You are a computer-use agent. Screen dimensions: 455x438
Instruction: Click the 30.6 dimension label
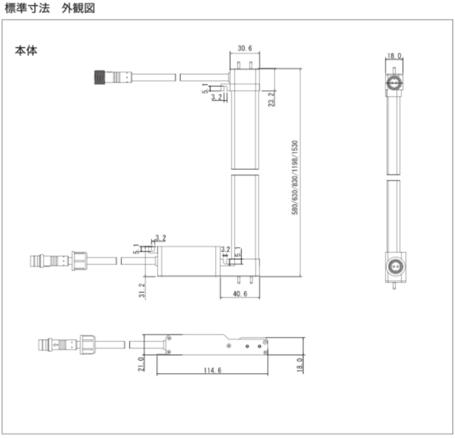click(x=245, y=48)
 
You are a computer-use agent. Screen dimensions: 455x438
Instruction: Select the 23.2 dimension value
click(x=271, y=100)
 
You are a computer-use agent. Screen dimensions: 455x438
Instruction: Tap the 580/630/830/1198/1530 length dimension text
click(x=295, y=177)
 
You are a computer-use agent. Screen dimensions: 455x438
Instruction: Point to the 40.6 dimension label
click(x=240, y=294)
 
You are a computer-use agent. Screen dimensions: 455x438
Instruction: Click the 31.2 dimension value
click(x=142, y=290)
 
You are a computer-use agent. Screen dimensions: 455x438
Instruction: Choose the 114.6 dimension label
click(x=213, y=370)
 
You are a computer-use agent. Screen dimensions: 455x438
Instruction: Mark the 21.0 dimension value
click(x=141, y=364)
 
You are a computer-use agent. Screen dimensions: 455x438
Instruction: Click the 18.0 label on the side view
click(x=395, y=56)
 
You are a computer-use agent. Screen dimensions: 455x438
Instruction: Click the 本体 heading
click(x=26, y=50)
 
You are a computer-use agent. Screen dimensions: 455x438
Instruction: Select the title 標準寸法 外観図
click(x=50, y=9)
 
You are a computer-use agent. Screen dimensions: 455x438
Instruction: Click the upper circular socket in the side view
click(x=394, y=83)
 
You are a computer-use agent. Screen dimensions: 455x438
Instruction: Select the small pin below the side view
click(x=394, y=286)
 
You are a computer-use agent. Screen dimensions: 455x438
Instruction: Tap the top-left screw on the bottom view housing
click(x=169, y=338)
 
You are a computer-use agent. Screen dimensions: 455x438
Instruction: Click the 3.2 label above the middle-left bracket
click(x=161, y=238)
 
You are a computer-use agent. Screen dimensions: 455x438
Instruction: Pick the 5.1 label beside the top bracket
click(x=205, y=89)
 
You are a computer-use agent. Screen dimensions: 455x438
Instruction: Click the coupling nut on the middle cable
click(x=80, y=261)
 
